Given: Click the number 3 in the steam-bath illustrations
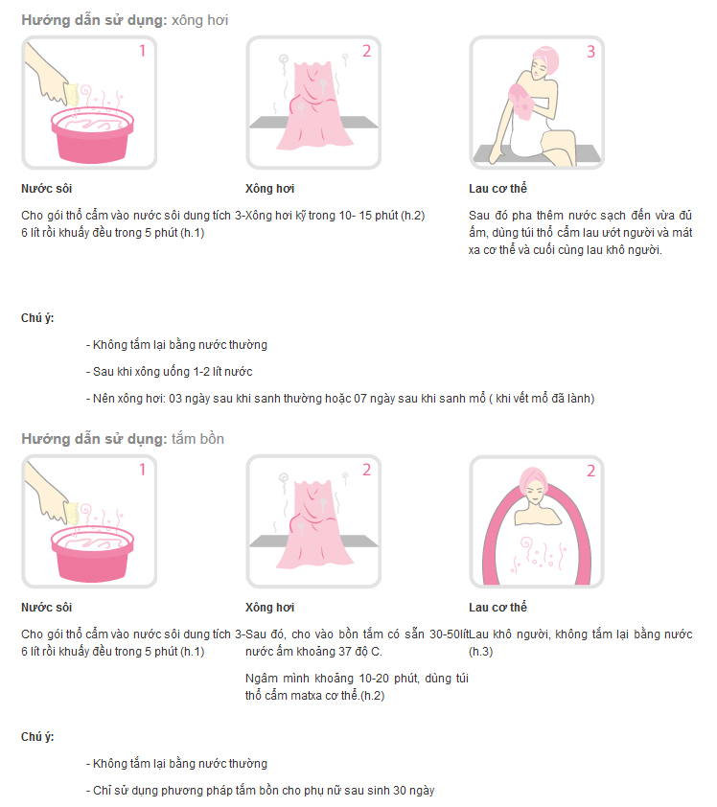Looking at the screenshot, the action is click(x=590, y=52).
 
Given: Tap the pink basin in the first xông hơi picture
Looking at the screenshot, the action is click(x=92, y=135).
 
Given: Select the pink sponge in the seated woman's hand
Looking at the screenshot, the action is click(x=520, y=101).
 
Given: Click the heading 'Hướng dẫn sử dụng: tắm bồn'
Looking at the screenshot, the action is click(x=123, y=439).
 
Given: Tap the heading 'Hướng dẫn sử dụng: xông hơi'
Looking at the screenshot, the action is click(x=125, y=20).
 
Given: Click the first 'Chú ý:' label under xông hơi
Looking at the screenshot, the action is click(x=37, y=318).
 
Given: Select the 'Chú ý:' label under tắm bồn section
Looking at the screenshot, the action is click(x=37, y=737).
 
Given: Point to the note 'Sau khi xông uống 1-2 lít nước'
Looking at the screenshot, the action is click(x=170, y=372).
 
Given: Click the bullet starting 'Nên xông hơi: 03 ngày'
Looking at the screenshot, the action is click(x=340, y=399).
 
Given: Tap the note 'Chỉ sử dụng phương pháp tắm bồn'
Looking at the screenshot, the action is click(x=261, y=791).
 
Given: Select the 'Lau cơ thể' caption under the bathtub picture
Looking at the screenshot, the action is click(x=497, y=608).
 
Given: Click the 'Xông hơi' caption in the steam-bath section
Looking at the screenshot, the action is click(x=269, y=189).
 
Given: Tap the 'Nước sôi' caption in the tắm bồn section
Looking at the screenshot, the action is click(x=46, y=608).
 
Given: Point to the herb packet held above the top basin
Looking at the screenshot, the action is click(x=73, y=94).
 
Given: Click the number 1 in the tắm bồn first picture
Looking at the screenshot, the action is click(x=142, y=470).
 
